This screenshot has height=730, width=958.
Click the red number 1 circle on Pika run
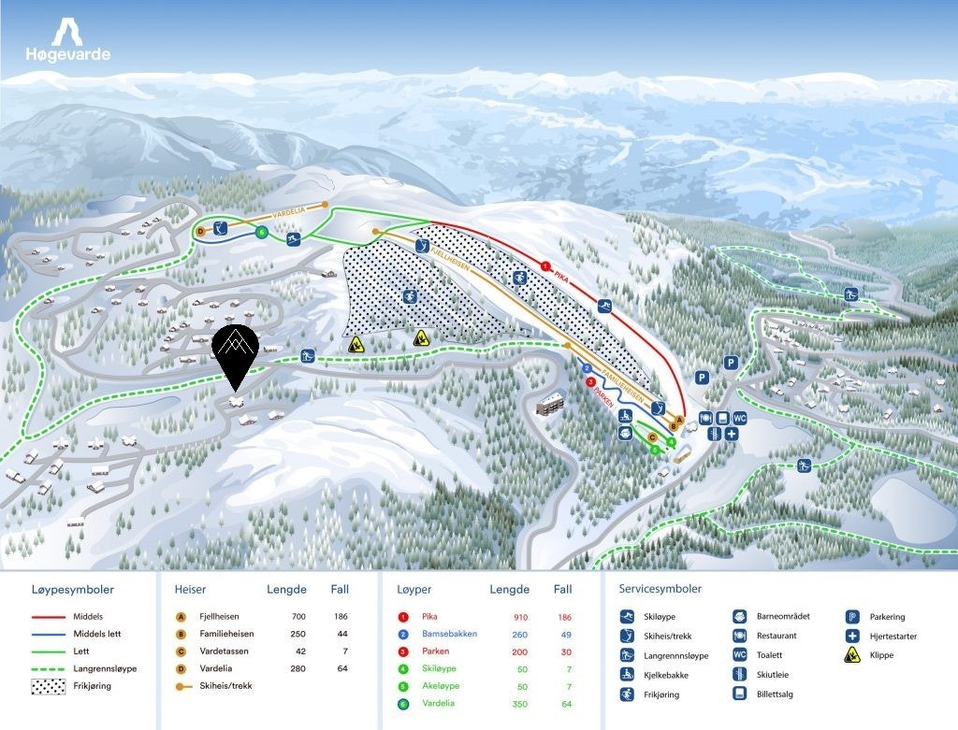(544, 266)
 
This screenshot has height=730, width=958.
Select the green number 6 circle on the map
(263, 232)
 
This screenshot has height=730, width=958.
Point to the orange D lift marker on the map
(199, 231)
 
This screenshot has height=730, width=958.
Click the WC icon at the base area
(739, 417)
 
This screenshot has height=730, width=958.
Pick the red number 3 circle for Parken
(590, 381)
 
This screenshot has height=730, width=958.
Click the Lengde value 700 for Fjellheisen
(298, 617)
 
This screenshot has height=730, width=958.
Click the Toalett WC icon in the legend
(739, 655)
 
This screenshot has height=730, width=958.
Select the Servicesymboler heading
(660, 589)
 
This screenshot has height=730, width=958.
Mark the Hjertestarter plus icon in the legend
(852, 636)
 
